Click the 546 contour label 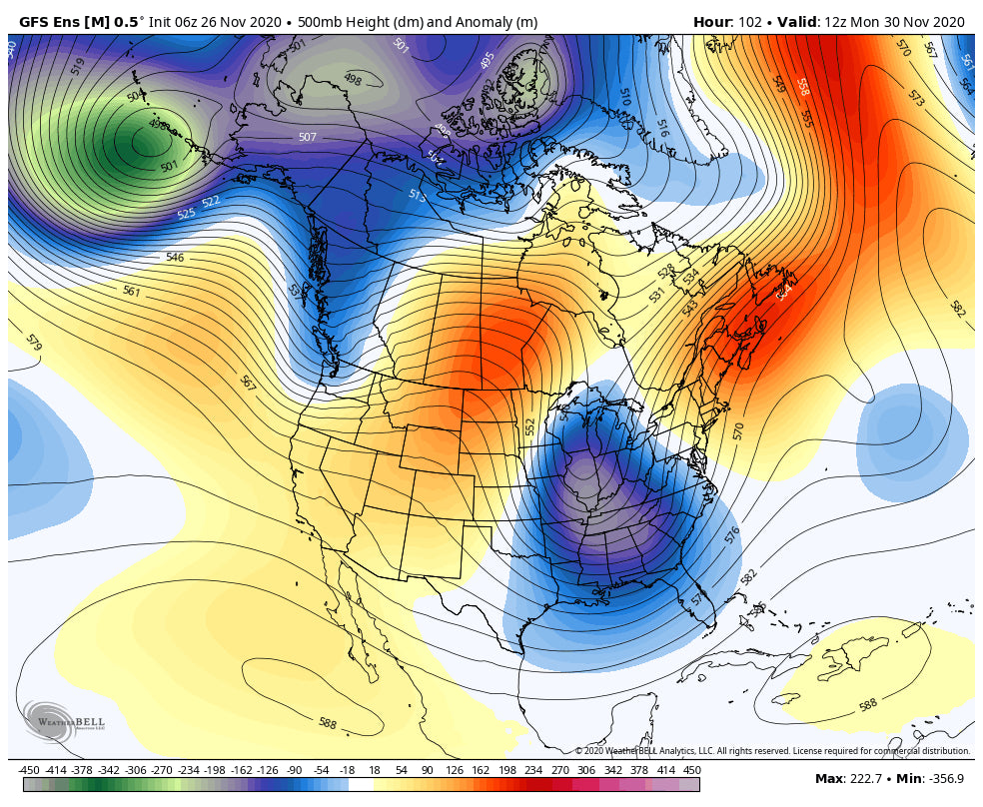(x=175, y=258)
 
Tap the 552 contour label (x=530, y=426)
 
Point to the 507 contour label (x=308, y=138)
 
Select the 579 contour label (x=34, y=344)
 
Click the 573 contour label (x=915, y=97)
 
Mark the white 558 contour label (x=801, y=87)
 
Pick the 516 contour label (x=661, y=128)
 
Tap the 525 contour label (x=187, y=214)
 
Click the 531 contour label (x=656, y=295)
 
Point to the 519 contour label (x=79, y=66)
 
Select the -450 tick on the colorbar (x=29, y=770)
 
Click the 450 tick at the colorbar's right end (x=691, y=770)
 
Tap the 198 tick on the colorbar (x=506, y=770)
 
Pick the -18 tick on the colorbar (x=347, y=770)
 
